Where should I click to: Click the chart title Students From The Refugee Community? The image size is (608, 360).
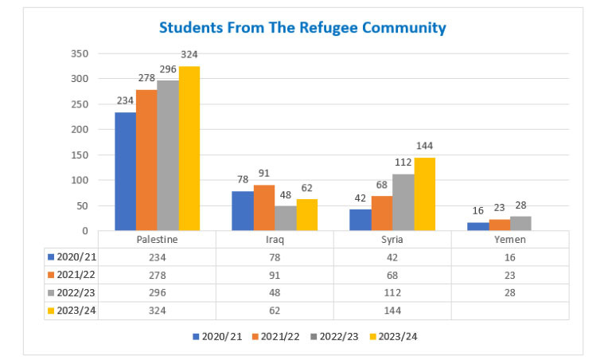click(x=302, y=28)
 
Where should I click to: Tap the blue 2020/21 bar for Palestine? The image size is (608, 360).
click(x=125, y=171)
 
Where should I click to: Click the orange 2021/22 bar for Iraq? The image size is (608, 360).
click(x=263, y=208)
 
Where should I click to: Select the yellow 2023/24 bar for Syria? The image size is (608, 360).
click(x=424, y=194)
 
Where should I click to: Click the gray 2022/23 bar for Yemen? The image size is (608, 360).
click(x=520, y=224)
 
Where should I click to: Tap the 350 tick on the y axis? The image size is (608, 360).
click(x=79, y=53)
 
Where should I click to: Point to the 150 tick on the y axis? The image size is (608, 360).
click(x=79, y=155)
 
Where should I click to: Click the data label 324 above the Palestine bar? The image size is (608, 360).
click(x=189, y=54)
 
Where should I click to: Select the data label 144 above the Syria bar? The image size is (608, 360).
click(x=424, y=146)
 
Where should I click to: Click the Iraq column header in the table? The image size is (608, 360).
click(x=274, y=239)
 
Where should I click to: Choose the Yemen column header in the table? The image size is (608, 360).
click(x=510, y=239)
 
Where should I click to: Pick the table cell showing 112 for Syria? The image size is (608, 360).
click(x=392, y=292)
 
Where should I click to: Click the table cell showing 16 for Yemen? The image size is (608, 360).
click(x=510, y=256)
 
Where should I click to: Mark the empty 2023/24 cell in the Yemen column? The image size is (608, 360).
click(x=510, y=310)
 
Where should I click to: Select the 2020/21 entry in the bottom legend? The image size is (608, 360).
click(x=217, y=336)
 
